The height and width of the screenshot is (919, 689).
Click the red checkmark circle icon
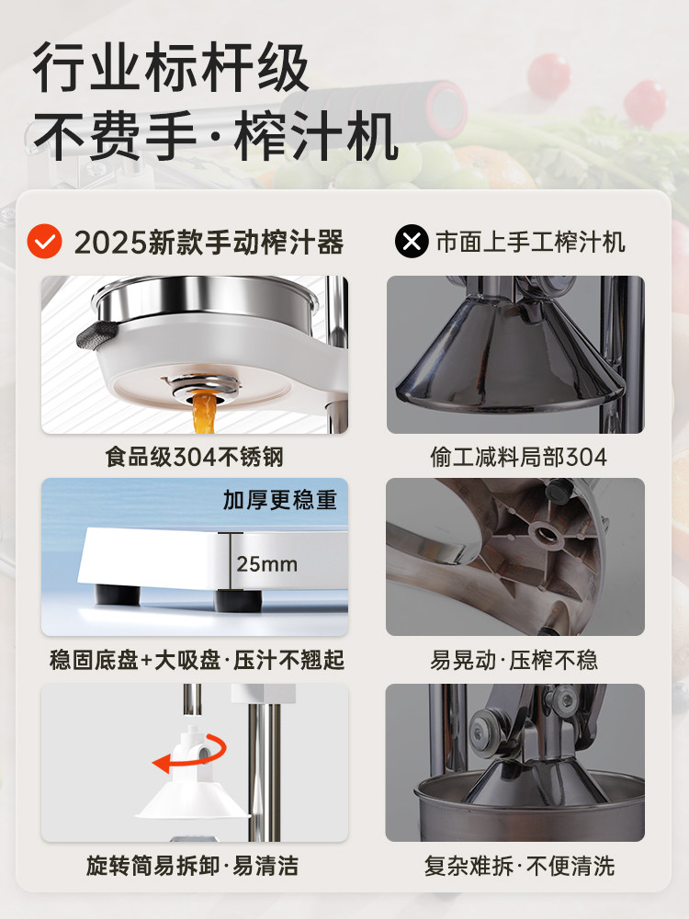click(43, 242)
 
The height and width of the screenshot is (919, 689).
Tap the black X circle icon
click(412, 242)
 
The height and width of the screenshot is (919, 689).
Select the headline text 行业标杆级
click(171, 70)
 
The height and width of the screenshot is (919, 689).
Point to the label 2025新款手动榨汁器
click(209, 243)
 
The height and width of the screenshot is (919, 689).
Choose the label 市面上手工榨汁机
click(530, 242)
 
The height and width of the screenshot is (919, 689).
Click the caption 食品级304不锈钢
click(194, 456)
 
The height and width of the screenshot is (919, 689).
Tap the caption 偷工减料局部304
click(518, 456)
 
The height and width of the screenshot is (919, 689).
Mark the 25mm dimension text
click(266, 563)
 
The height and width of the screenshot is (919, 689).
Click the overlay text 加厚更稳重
click(280, 500)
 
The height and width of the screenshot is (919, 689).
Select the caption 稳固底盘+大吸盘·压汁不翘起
click(197, 660)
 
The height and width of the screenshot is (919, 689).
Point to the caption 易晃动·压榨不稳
click(514, 660)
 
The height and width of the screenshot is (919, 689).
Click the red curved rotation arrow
click(194, 754)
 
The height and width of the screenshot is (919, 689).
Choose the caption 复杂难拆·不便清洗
click(519, 866)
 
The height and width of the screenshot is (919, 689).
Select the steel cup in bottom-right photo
click(514, 809)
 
